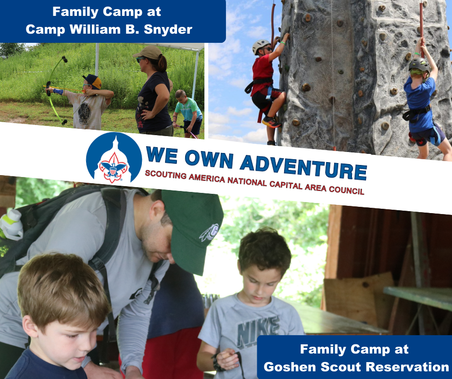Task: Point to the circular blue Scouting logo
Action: click(113, 158)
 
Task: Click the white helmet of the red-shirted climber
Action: click(261, 46)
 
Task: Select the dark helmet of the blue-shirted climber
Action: click(419, 64)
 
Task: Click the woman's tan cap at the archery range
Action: click(147, 52)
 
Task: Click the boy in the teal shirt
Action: click(186, 110)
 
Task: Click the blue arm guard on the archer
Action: click(59, 91)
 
